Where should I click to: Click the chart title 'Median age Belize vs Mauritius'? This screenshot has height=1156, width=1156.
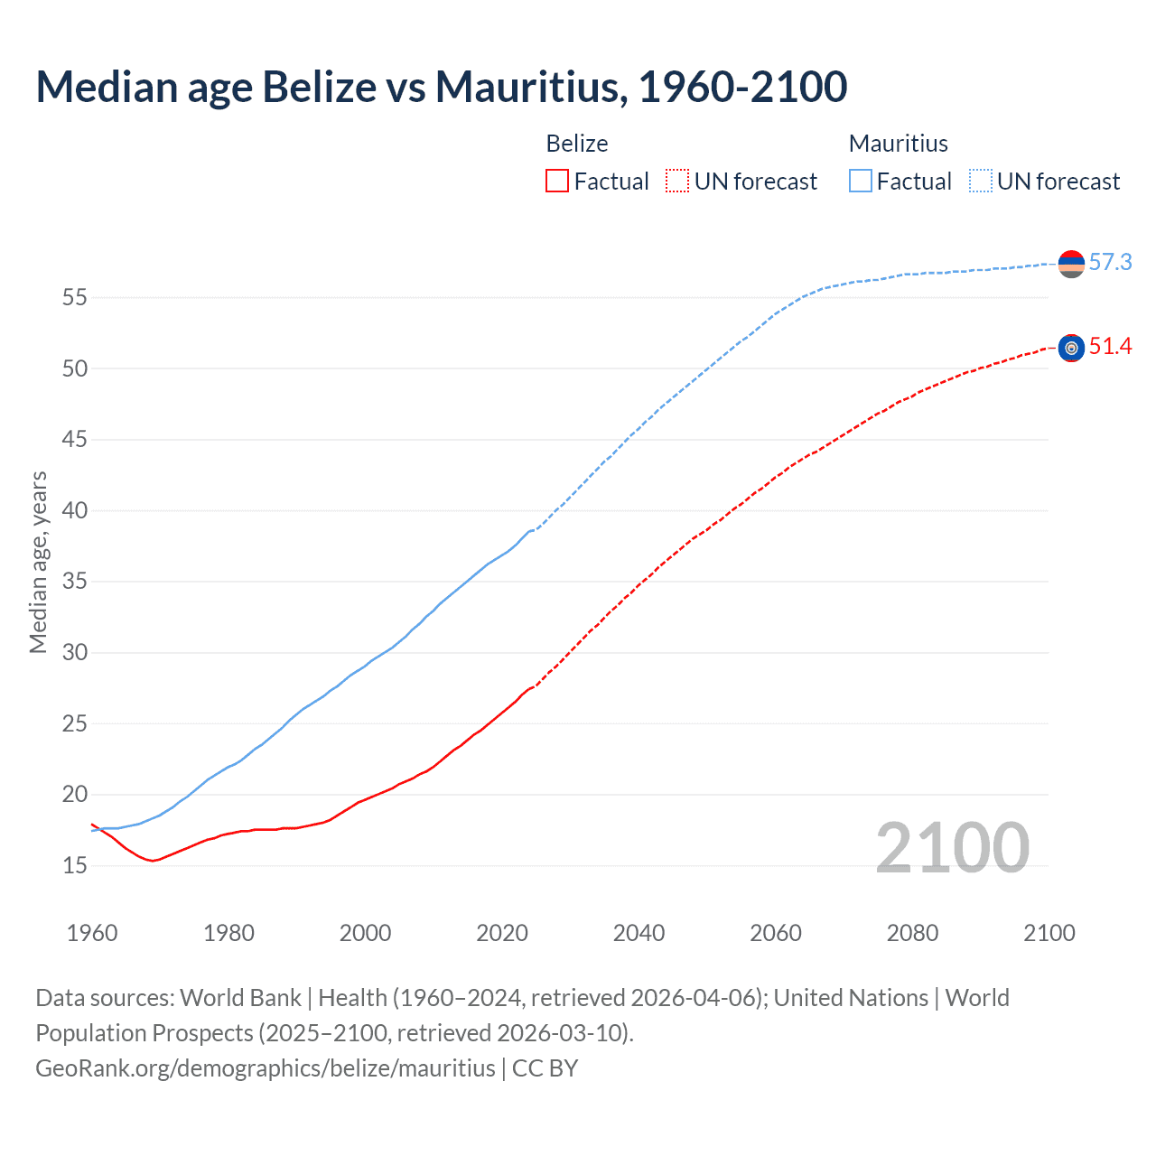coord(441,87)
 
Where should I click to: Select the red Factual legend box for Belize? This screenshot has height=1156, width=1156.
coord(557,182)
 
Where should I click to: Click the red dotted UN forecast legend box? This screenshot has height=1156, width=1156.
coord(677,182)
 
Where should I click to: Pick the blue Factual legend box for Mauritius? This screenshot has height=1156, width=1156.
coord(861,182)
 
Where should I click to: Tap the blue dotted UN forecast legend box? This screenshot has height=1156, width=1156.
coord(981,182)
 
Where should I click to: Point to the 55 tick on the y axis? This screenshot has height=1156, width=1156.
coord(74,297)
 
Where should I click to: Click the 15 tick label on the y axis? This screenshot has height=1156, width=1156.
coord(74,866)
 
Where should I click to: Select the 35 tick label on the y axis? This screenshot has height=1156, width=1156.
coord(74,582)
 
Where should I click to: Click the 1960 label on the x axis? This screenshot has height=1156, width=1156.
coord(92,933)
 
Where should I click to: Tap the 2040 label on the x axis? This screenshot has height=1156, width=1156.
coord(639,933)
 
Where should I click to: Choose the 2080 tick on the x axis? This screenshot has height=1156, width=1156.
coord(912,933)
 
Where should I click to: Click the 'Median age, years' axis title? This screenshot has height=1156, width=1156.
coord(38,562)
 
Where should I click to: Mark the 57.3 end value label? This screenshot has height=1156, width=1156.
coord(1110,263)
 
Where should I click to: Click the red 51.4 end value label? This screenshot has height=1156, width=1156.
coord(1110,347)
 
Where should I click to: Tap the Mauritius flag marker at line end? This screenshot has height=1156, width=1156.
coord(1071,264)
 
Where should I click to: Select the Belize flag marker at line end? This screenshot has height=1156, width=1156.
coord(1071,348)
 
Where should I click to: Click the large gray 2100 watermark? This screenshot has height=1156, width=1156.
coord(952,848)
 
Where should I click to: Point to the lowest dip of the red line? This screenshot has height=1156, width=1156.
coord(153,861)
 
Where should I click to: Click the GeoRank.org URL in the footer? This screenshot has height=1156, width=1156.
coord(265,1068)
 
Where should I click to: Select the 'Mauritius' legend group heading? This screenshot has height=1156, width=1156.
coord(898,144)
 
